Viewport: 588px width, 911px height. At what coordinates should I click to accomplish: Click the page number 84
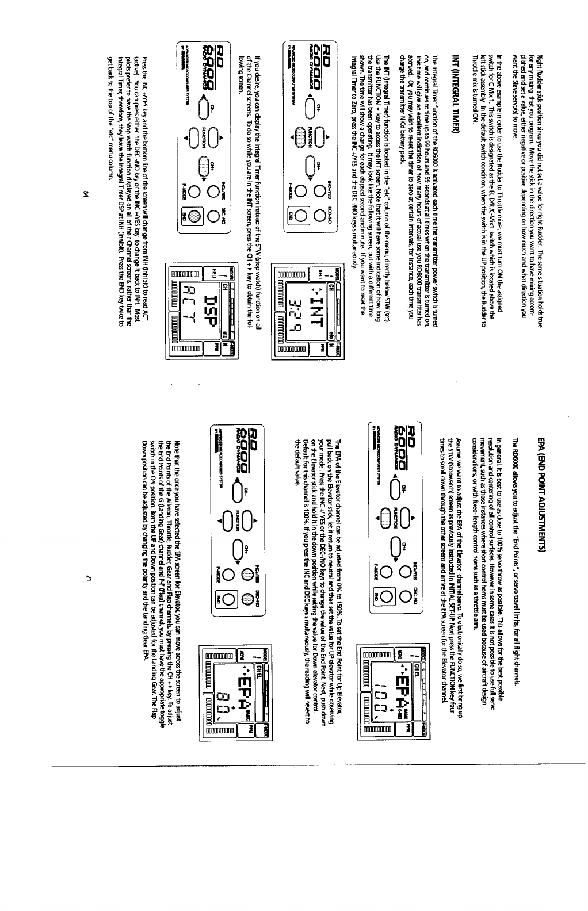[x=85, y=193]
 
